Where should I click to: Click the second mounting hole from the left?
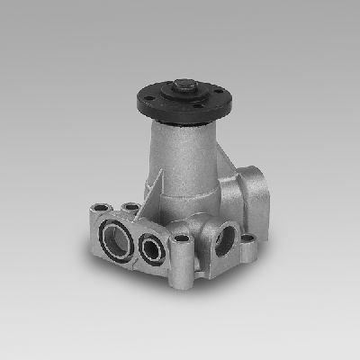pyautogui.click(x=131, y=207)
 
